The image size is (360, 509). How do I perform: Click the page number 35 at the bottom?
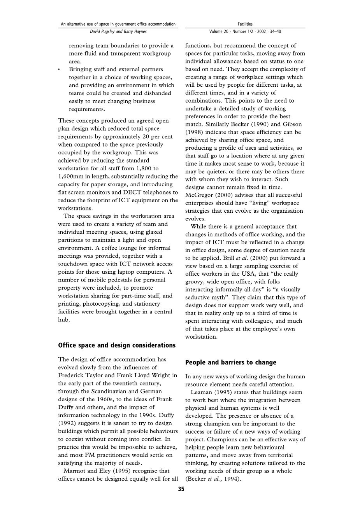coord(181,489)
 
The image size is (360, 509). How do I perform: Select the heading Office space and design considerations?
coord(117,345)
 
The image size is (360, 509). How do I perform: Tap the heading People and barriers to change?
coord(230,362)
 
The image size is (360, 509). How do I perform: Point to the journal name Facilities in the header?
coord(245,24)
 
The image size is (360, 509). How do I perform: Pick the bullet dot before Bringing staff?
coord(59,70)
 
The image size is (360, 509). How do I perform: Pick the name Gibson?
coord(292,124)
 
